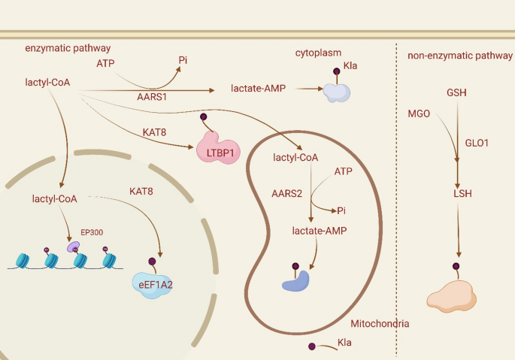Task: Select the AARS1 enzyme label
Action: (x=153, y=98)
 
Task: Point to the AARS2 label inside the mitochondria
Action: (x=286, y=193)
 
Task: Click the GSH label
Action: (x=456, y=92)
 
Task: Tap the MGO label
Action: (x=419, y=113)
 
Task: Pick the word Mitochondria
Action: (x=380, y=323)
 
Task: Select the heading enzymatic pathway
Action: (x=62, y=48)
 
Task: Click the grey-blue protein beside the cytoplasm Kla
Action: (x=336, y=92)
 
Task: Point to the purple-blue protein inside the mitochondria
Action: (x=295, y=280)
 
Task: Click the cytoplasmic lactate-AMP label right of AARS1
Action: (x=257, y=89)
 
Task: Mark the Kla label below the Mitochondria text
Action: (x=345, y=343)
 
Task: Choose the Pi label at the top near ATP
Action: (x=183, y=60)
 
